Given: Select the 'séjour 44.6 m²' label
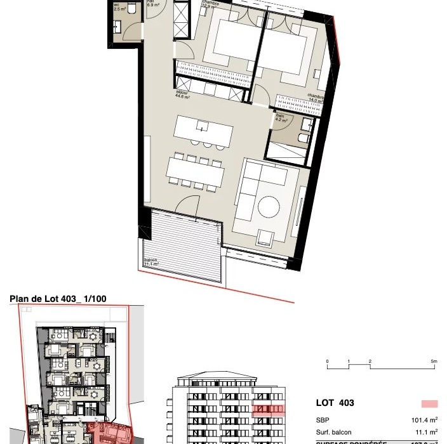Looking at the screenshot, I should pos(184,95).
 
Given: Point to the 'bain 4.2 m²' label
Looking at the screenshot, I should pos(281,118).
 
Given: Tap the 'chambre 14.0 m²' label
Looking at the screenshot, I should pos(316,98).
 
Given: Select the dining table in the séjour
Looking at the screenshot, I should pos(196,170).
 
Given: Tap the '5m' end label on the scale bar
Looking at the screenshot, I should pos(434,362).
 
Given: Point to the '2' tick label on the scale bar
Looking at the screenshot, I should pos(370,362).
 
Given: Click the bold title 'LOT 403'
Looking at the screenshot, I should pos(335,403).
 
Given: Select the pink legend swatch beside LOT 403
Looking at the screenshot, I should pos(429,403).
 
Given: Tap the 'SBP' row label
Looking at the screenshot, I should pos(323,420).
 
